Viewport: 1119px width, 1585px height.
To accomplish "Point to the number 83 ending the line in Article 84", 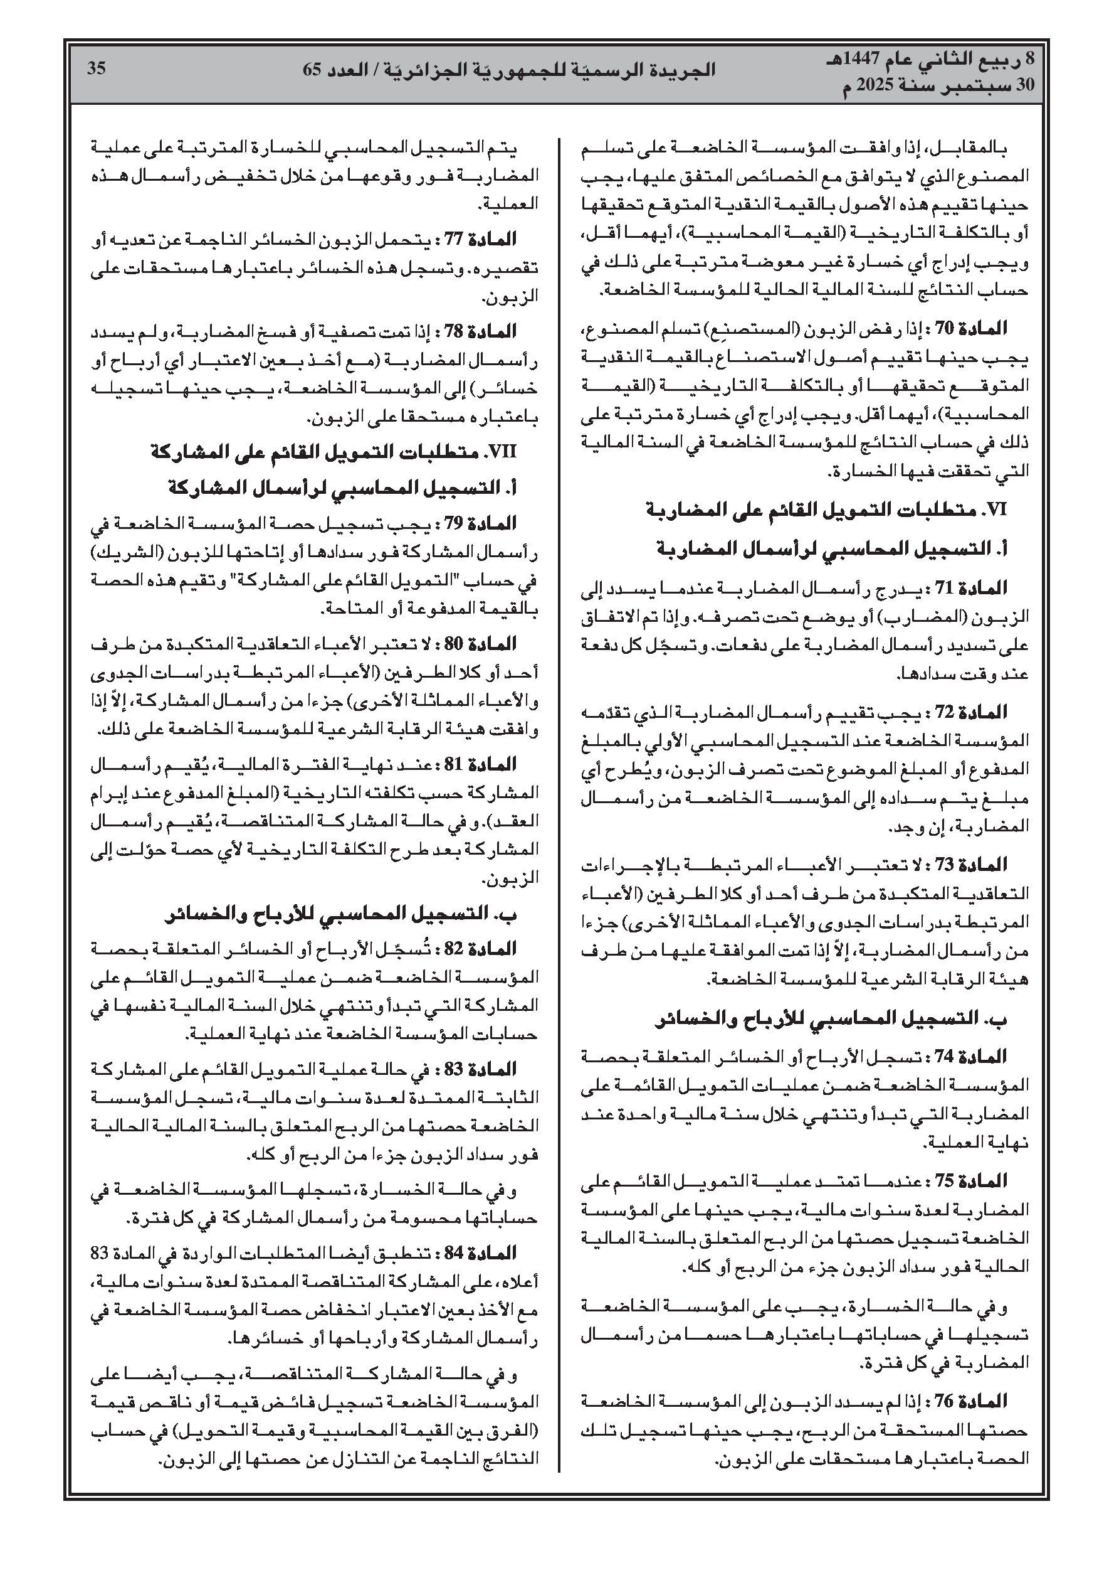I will click(x=104, y=1252).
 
